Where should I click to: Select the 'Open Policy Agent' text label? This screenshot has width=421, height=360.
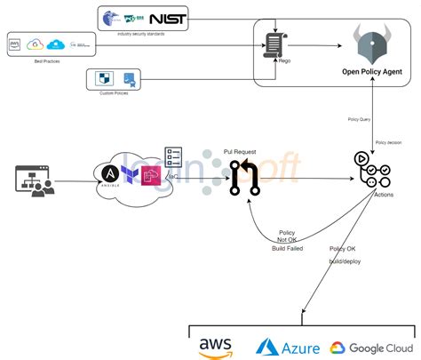pos(373,71)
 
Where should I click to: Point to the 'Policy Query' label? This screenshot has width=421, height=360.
pos(359,117)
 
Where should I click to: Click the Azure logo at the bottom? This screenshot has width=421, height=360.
pos(287,346)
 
